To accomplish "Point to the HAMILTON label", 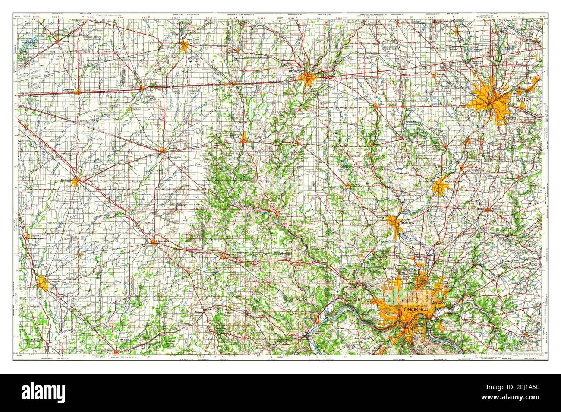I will tap(407, 222).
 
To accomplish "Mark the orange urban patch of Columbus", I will tap(43, 283).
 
